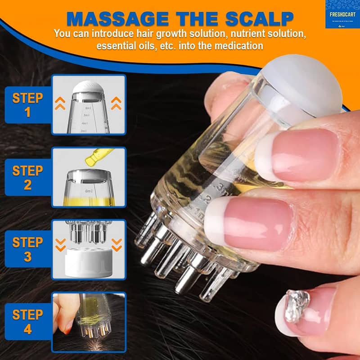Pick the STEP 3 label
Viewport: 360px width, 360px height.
27,249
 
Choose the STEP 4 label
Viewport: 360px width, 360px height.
27,321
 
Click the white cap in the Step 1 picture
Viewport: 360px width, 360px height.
89,87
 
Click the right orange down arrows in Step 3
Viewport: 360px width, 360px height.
117,245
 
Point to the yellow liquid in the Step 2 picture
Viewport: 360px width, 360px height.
89,199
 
